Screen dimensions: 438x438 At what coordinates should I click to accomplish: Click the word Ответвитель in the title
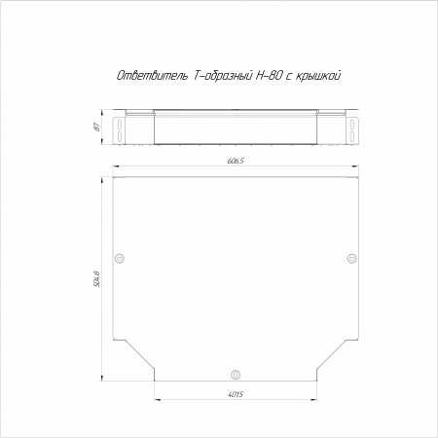(152, 75)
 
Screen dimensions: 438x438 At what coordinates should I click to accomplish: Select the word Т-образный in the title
(223, 75)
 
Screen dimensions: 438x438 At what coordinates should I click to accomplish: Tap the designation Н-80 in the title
(269, 75)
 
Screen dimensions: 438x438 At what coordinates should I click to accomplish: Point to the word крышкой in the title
(318, 76)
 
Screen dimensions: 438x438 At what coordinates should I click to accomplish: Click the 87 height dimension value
(96, 128)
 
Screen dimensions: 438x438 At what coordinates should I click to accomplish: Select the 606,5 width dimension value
(236, 161)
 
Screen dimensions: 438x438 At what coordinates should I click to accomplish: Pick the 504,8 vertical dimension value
(96, 278)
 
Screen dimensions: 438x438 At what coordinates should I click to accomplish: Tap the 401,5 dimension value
(236, 394)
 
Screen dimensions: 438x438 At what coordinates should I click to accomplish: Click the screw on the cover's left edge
(120, 258)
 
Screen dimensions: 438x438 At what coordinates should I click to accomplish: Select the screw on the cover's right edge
(352, 258)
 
